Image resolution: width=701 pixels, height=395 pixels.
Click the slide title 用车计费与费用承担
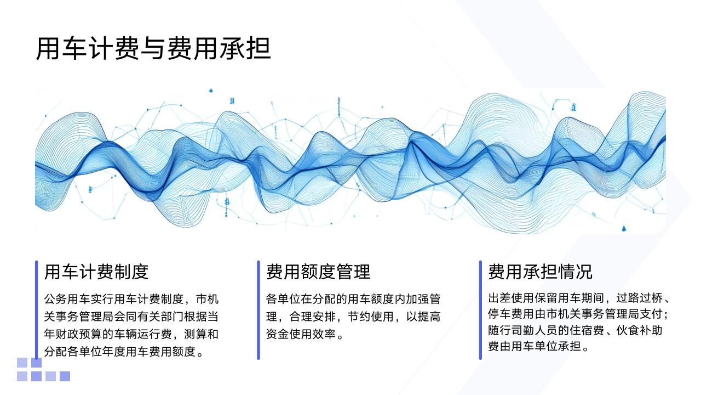pyautogui.click(x=153, y=48)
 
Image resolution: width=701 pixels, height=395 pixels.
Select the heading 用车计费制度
pyautogui.click(x=96, y=272)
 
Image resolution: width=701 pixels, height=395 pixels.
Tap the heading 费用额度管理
pyautogui.click(x=318, y=272)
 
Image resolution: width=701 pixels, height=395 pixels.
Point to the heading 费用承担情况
pyautogui.click(x=540, y=272)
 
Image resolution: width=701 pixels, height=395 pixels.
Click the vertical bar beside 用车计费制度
pyautogui.click(x=37, y=310)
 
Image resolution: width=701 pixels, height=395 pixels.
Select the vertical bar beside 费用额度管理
pyautogui.click(x=258, y=310)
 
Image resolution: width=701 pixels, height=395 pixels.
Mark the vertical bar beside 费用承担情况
pyautogui.click(x=480, y=310)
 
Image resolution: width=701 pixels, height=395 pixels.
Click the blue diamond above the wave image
pyautogui.click(x=211, y=91)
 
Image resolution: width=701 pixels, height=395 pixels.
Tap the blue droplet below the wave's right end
pyautogui.click(x=624, y=228)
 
